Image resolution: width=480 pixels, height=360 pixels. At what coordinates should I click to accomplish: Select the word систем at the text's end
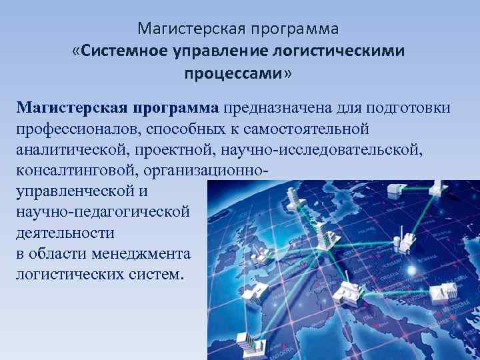point(155,274)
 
